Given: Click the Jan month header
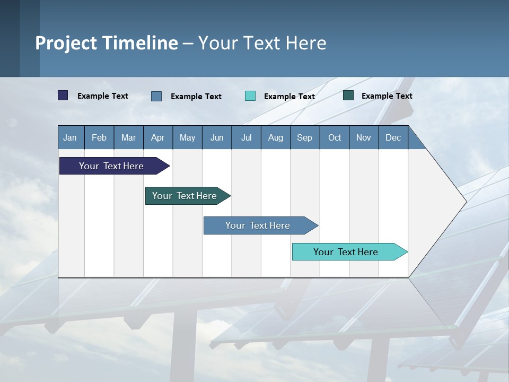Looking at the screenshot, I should click(x=71, y=137).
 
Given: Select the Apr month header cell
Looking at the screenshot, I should click(x=158, y=137).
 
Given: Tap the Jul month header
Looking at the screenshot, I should click(x=246, y=137).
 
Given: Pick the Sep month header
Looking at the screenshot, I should click(x=305, y=137).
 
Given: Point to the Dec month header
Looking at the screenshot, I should click(x=393, y=137).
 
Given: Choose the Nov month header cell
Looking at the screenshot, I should click(x=364, y=137).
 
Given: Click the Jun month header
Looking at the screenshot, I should click(x=217, y=137).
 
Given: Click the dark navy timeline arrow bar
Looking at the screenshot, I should click(x=111, y=166).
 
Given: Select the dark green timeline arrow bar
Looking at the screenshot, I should click(x=185, y=196).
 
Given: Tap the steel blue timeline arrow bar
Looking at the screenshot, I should click(x=258, y=225).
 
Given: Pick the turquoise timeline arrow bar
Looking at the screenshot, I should click(x=346, y=252).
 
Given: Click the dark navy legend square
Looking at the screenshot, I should click(x=63, y=95).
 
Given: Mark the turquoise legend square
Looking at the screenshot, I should click(x=250, y=96).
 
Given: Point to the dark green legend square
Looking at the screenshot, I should click(x=348, y=95).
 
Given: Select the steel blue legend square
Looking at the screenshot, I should click(x=156, y=96).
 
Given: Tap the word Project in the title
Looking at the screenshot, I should click(x=66, y=43).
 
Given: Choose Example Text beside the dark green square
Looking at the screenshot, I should click(x=387, y=96).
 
